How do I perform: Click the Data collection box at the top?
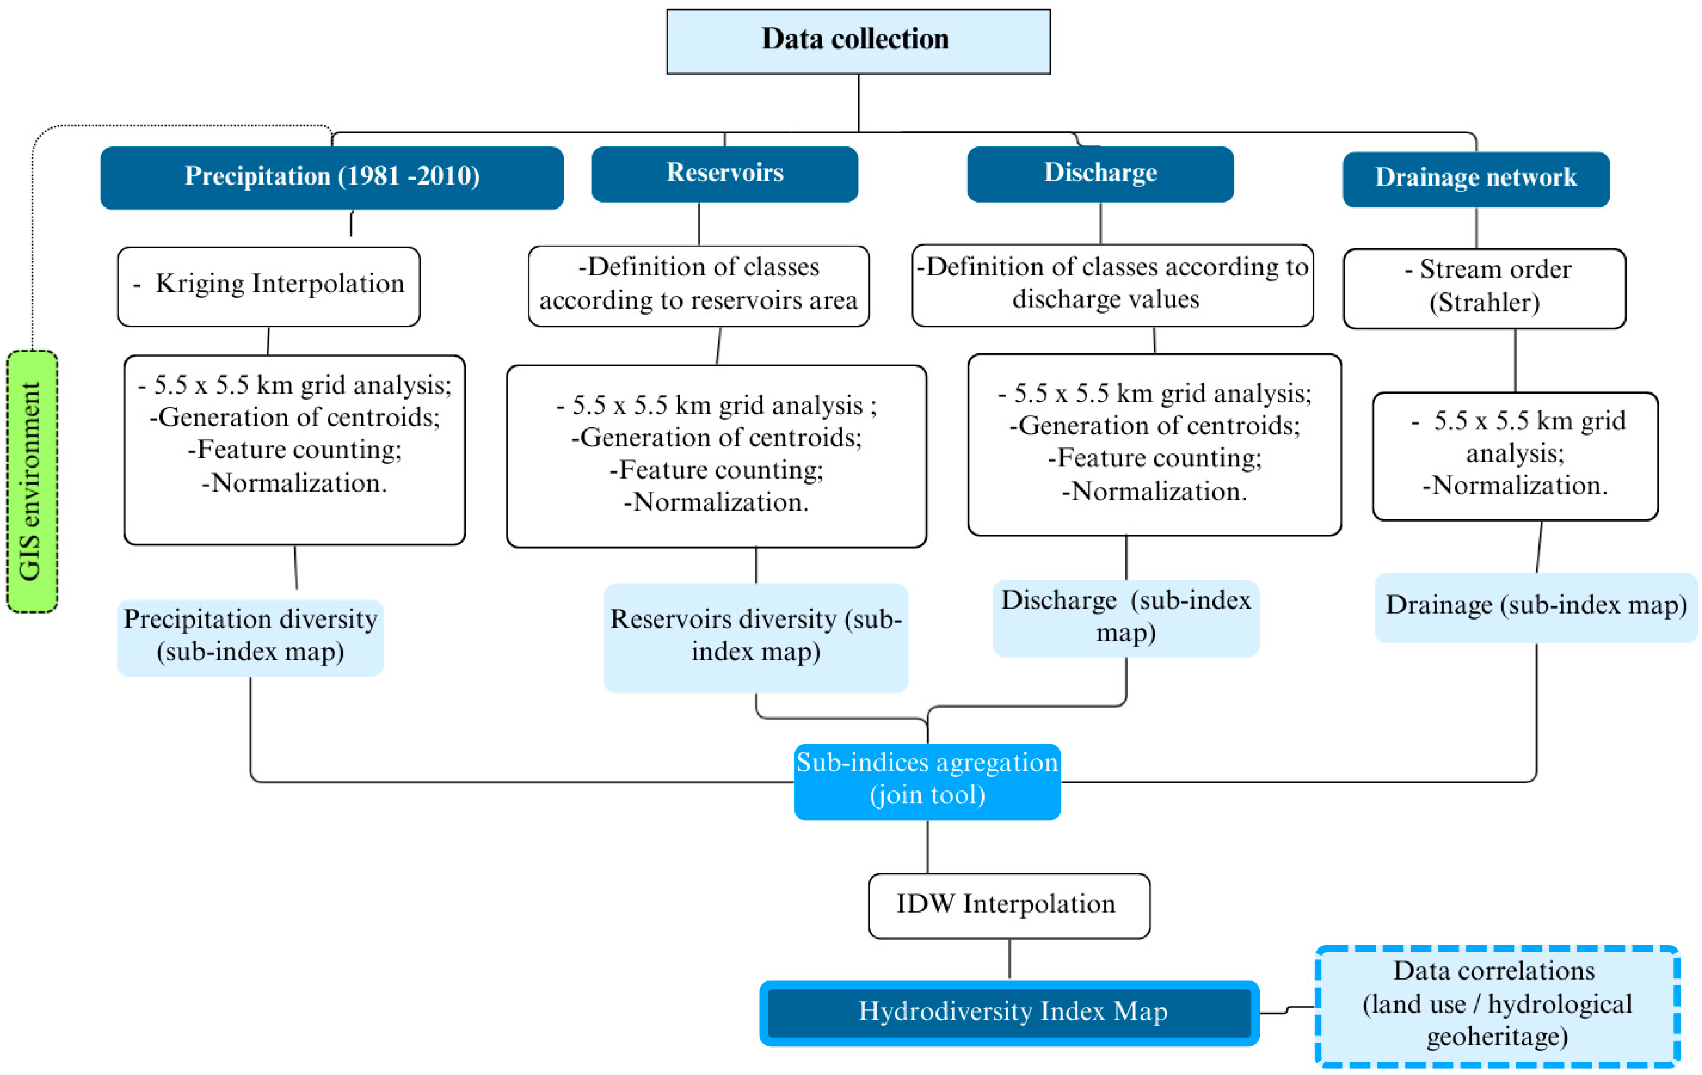click(858, 41)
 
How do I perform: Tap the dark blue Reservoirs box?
click(725, 174)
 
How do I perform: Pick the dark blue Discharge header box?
click(1100, 174)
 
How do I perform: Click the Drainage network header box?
click(1476, 179)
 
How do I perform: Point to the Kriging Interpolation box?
click(269, 286)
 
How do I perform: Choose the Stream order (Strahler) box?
click(1484, 288)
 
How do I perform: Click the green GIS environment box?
click(32, 481)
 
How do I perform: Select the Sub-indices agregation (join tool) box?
click(926, 781)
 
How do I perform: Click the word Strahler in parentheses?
click(1484, 303)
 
